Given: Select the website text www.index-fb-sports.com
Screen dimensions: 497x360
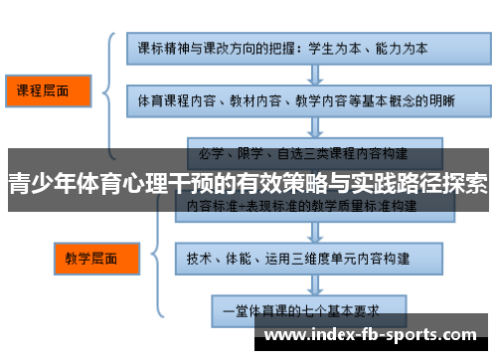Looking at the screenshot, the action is coord(370,335).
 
